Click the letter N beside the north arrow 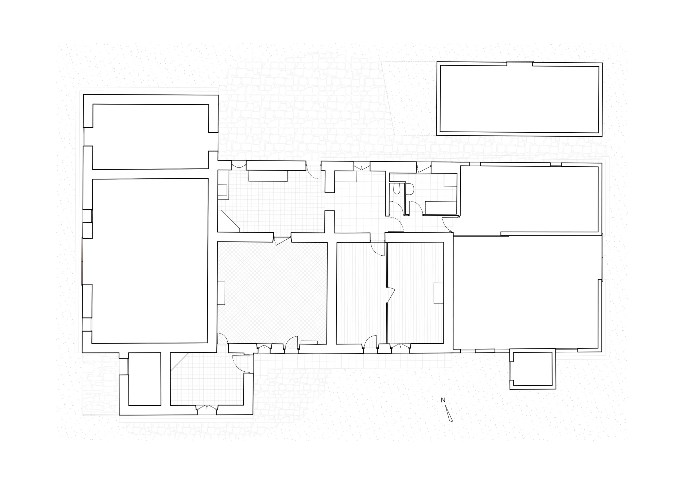(443, 400)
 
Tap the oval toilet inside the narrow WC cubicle (397, 189)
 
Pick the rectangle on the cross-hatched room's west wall (221, 293)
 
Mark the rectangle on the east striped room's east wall (438, 293)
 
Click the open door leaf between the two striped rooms (391, 296)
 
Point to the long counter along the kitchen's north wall (268, 176)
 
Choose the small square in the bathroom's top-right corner (450, 180)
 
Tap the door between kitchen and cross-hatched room (282, 240)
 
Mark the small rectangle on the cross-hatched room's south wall (309, 342)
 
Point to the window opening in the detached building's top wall (520, 63)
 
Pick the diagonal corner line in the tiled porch (180, 362)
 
